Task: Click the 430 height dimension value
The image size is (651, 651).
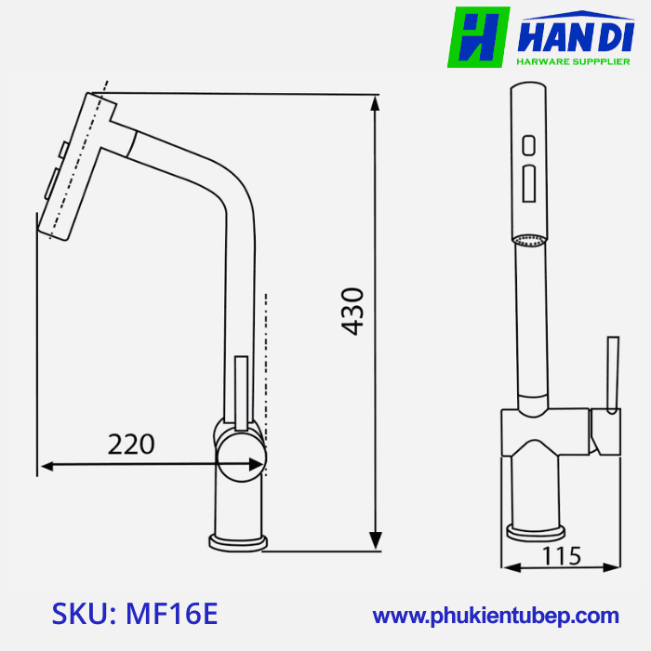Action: [x=352, y=311]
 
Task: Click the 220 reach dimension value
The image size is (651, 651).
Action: [x=131, y=445]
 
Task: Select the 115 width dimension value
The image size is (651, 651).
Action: [x=562, y=556]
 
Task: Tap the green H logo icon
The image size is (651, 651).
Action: [x=478, y=37]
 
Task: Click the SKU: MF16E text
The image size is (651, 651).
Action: [x=135, y=614]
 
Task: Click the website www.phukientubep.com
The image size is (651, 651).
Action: [x=496, y=616]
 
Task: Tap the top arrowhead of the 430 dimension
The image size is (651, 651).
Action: [x=376, y=103]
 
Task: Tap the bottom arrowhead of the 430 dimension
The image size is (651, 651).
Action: [x=376, y=541]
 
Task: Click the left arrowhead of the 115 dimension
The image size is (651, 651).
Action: [x=508, y=566]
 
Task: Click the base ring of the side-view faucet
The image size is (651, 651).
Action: [x=240, y=540]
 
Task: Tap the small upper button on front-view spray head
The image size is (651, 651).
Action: [x=528, y=146]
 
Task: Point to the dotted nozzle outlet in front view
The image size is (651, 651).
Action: [x=530, y=241]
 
